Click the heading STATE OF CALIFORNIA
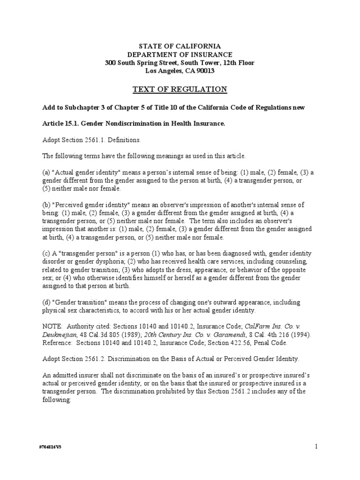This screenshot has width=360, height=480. [180, 45]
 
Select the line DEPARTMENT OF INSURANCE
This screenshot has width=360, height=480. [180, 54]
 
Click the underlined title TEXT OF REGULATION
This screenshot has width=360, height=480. [180, 89]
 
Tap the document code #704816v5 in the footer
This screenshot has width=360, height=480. [50, 447]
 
